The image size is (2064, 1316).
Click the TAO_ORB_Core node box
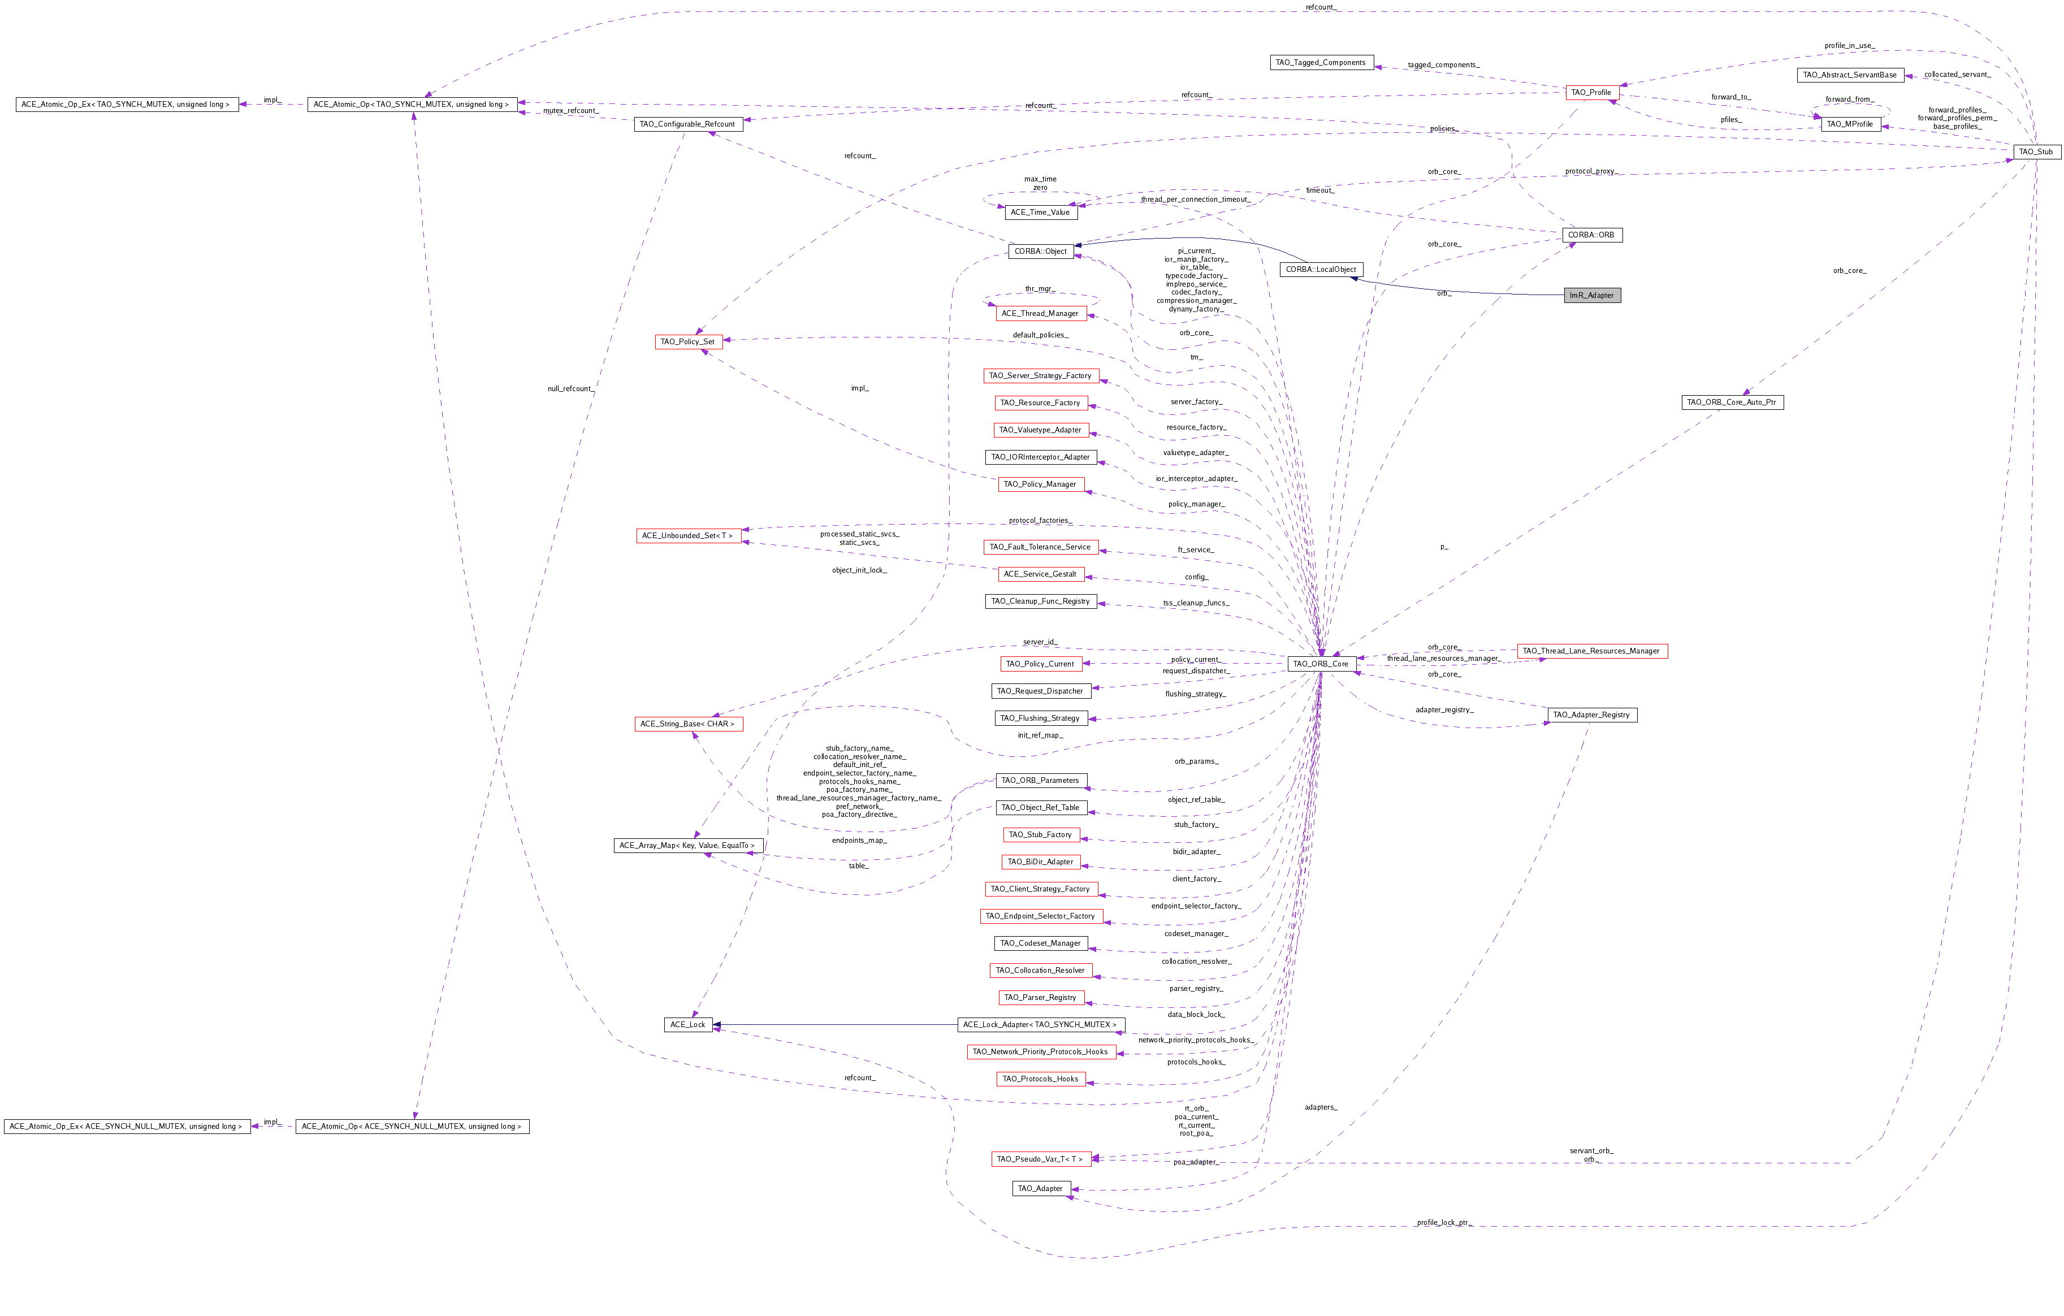1321,664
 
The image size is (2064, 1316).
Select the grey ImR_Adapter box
1592,296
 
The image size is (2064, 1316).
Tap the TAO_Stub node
2036,151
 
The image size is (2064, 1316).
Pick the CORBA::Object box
1041,251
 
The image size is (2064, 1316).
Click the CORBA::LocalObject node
1321,269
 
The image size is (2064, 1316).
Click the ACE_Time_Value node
1041,213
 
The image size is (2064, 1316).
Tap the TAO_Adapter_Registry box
1592,715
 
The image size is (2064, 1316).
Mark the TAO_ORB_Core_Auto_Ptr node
1732,402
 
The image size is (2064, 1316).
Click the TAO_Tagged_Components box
1321,63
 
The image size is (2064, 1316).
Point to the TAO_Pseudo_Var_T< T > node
1041,1159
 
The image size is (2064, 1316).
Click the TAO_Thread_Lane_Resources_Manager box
1592,651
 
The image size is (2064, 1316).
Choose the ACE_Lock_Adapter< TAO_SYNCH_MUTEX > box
1041,1024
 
